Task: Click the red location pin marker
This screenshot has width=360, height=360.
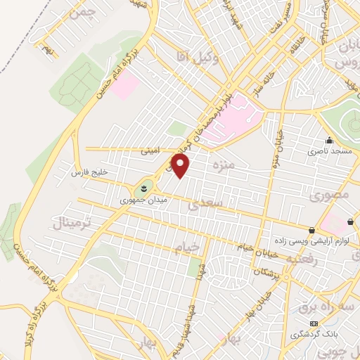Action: coord(181,166)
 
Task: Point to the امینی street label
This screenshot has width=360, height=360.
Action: coord(150,149)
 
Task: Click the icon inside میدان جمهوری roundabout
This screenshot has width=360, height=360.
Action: coord(143,188)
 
